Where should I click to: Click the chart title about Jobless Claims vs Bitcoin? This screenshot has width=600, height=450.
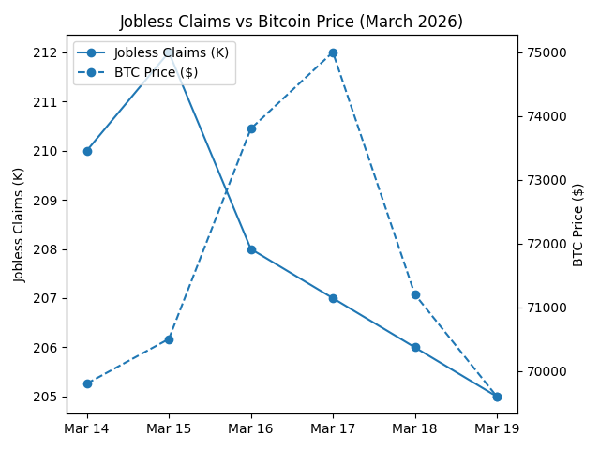point(291,22)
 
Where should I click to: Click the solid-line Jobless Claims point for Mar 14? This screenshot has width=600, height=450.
point(87,151)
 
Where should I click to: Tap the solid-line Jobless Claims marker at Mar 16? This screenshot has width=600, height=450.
point(251,249)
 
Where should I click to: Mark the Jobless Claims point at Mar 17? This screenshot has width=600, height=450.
point(333,298)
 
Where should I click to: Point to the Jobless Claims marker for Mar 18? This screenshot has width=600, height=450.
point(415,347)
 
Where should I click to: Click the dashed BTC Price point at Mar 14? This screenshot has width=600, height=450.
point(87,383)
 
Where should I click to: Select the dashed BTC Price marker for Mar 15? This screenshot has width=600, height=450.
point(169,339)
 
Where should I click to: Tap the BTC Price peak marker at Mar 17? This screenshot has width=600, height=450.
point(333,52)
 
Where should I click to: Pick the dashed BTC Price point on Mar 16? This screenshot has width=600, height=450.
point(251,128)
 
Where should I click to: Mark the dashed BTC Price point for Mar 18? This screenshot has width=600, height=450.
point(415,294)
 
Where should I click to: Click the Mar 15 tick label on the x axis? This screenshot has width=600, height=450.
point(169,428)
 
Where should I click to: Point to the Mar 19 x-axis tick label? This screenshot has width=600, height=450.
point(497,428)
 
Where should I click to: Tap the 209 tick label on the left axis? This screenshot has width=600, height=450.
point(44,201)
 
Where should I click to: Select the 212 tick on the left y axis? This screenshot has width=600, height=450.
point(44,52)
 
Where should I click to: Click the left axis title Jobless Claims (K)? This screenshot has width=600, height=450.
point(20,225)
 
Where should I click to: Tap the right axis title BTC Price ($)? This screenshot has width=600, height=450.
point(578,225)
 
